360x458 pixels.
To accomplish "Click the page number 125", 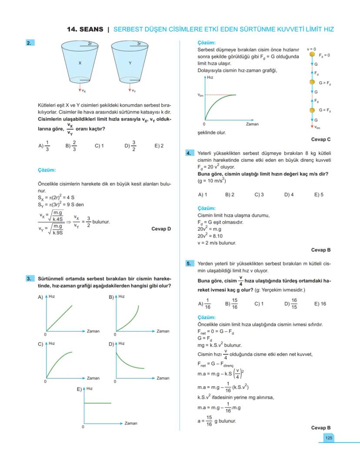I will [328, 438].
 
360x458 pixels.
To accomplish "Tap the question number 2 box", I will [29, 43].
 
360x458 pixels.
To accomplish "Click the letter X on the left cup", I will [80, 63].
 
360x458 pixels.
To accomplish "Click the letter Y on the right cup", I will [130, 63].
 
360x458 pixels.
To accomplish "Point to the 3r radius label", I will [139, 44].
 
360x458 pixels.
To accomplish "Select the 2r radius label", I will [90, 44].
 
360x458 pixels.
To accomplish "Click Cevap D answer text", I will [161, 228].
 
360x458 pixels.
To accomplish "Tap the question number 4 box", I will [189, 153].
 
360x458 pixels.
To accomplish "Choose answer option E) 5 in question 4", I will [319, 194].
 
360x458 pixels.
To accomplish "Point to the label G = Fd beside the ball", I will [325, 110].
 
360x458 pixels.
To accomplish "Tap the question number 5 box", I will [189, 263].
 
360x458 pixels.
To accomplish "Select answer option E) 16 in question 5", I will [320, 304].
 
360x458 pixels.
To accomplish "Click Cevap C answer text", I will [321, 139].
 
